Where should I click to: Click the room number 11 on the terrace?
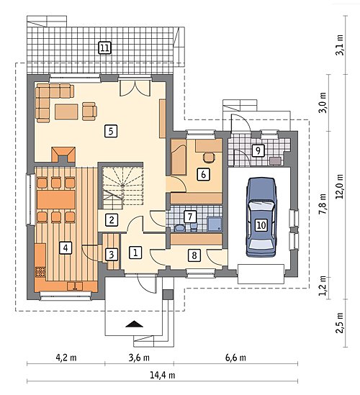point(104,48)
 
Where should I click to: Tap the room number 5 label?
point(111,131)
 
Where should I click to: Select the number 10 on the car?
point(261,224)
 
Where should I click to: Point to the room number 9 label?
point(258,150)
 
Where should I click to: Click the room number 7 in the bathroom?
point(190,217)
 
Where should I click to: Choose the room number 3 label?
point(112,255)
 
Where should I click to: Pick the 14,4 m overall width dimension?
point(163,375)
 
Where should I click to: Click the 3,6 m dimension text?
point(139,358)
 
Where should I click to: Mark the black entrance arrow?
point(134,324)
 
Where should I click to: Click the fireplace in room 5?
point(63,155)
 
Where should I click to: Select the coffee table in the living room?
point(66,112)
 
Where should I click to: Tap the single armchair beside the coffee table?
point(89,111)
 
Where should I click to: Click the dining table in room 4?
point(56,200)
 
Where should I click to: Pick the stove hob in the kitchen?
point(40,272)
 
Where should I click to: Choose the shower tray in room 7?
point(215,224)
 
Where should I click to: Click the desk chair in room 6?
point(209,158)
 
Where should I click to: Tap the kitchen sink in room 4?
point(75,286)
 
